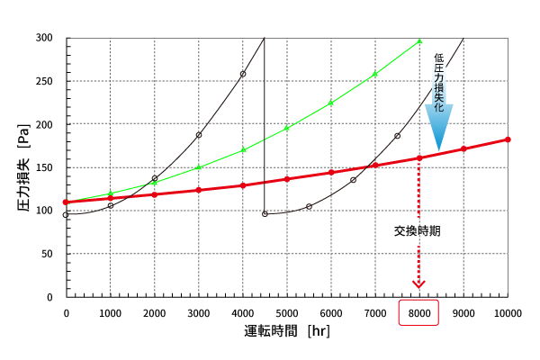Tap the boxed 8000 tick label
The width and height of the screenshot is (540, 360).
[419, 313]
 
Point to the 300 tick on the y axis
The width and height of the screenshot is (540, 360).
[45, 38]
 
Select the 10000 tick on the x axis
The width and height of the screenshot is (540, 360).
[508, 313]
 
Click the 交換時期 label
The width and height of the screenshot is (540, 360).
[418, 230]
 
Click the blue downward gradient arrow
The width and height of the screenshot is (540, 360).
[438, 124]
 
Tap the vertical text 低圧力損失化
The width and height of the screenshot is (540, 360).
[438, 81]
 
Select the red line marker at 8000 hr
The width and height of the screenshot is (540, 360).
[419, 158]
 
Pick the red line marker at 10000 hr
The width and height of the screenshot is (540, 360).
[508, 139]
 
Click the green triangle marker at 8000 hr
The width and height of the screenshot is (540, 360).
[419, 41]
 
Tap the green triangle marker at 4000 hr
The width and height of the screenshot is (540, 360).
[243, 149]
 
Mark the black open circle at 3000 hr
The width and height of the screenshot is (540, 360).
[199, 135]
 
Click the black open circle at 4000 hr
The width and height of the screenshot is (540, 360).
[243, 74]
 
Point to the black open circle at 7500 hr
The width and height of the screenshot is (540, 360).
[397, 136]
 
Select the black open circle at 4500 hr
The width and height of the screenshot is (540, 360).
[265, 214]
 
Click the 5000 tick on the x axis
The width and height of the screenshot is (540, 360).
[287, 313]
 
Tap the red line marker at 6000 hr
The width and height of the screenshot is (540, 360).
[331, 172]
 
